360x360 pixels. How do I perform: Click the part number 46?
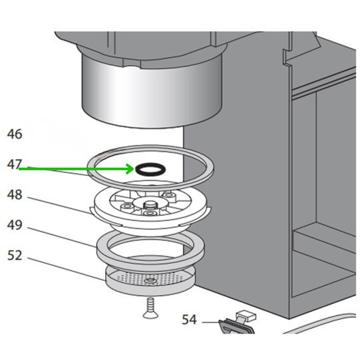(15, 134)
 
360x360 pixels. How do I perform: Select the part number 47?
(14, 164)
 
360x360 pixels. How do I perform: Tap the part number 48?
(15, 195)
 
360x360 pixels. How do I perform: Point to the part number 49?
(15, 225)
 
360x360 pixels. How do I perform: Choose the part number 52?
(15, 256)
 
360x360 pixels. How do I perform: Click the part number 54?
(190, 319)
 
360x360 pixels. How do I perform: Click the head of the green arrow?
(130, 169)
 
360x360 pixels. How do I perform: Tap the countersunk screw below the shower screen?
(150, 307)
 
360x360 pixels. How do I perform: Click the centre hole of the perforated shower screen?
(150, 281)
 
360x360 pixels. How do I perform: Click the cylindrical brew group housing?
(152, 92)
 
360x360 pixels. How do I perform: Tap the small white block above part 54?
(246, 315)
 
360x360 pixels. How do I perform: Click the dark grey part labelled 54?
(236, 327)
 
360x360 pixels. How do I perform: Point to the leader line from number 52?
(67, 269)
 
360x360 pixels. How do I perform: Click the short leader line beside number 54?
(210, 322)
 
